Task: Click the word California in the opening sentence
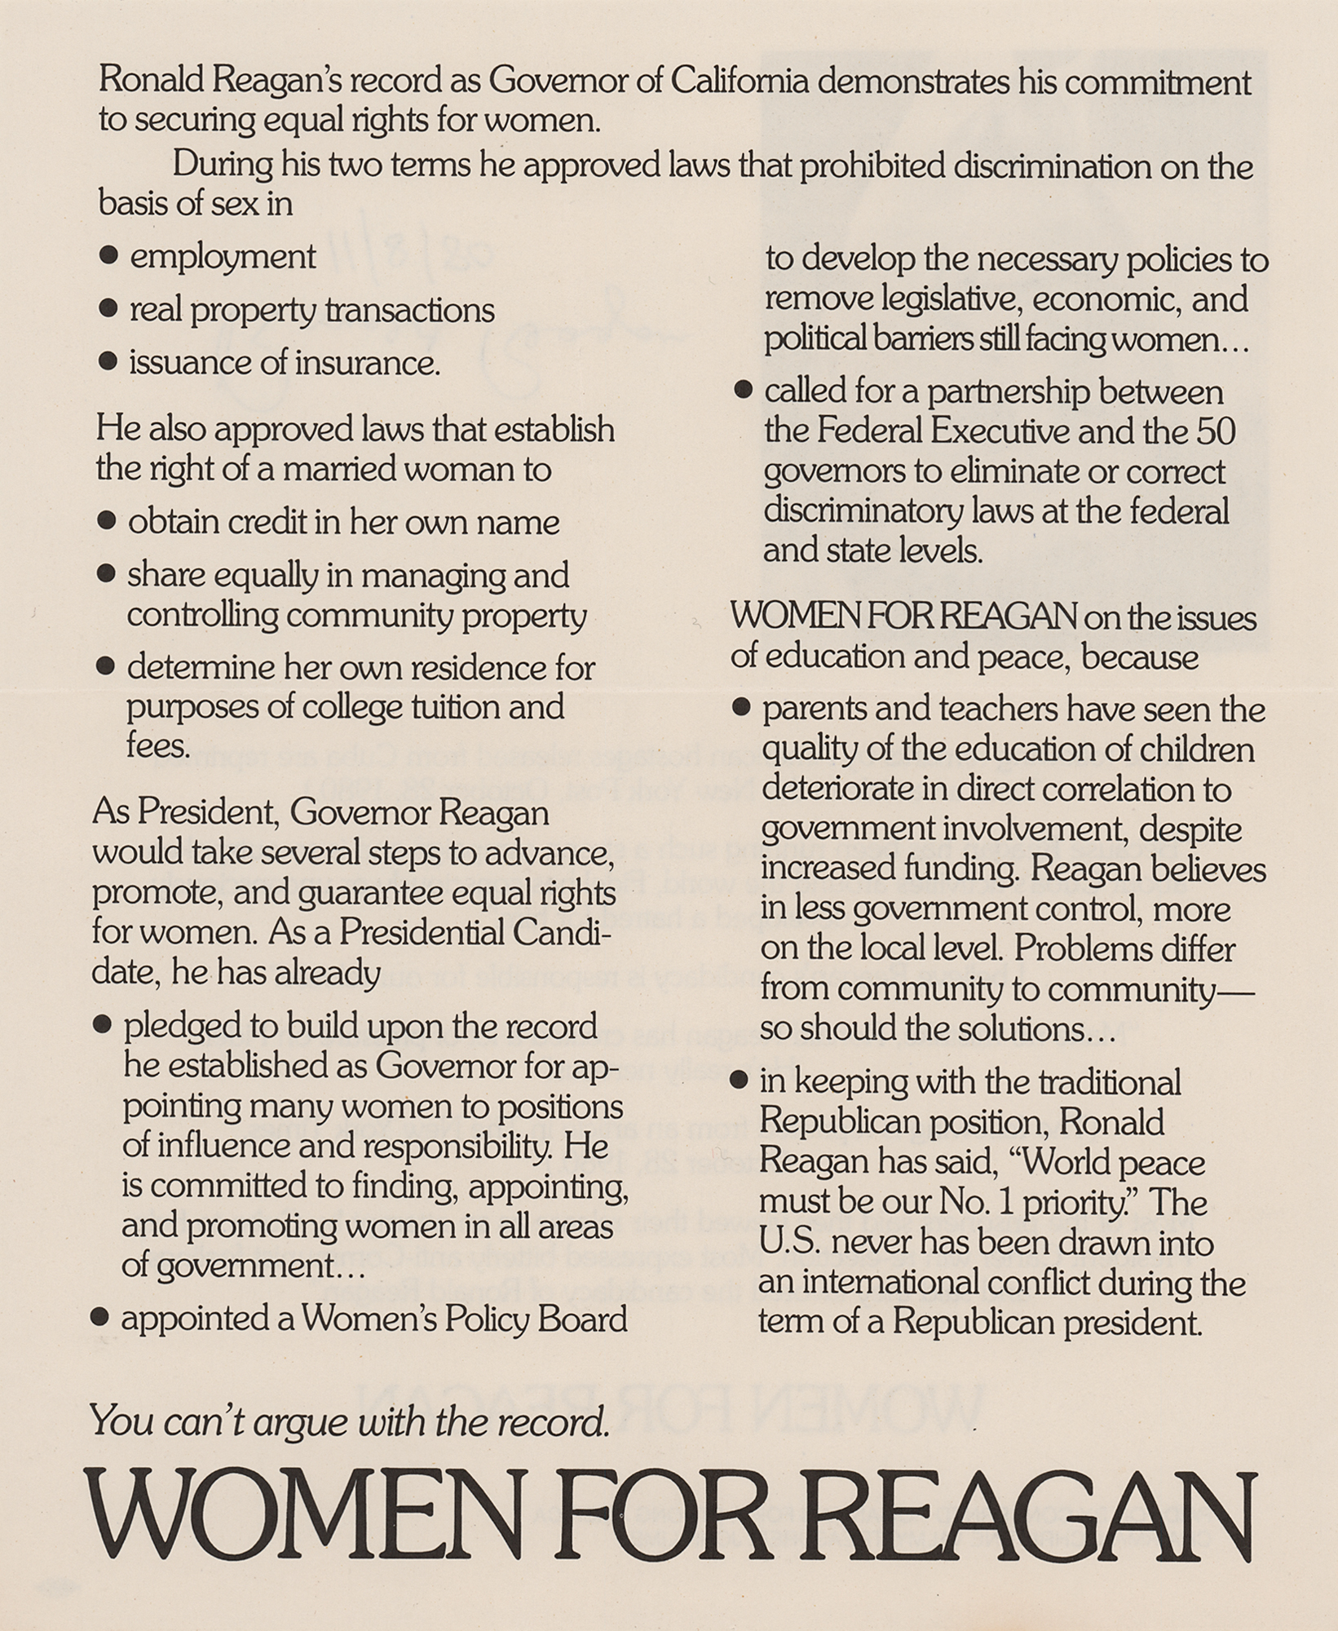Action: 739,82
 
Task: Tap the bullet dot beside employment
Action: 108,256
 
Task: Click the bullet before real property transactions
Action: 108,309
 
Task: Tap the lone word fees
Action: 157,745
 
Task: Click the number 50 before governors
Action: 1216,431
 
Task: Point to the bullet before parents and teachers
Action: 740,708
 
